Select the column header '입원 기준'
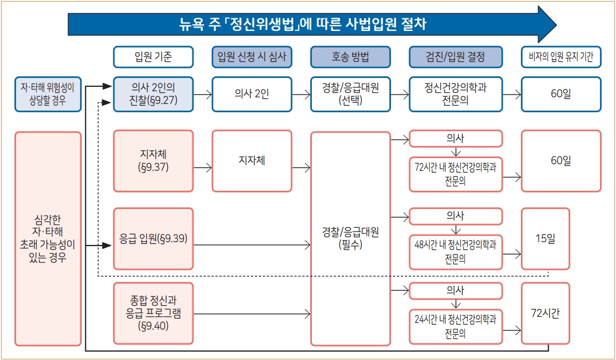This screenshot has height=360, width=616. [153, 57]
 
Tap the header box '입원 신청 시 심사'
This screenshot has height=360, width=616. [252, 57]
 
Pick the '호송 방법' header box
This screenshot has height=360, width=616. [351, 57]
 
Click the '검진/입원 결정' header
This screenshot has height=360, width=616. [456, 57]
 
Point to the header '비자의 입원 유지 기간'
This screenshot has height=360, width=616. [561, 57]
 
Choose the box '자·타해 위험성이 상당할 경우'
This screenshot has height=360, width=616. [47, 95]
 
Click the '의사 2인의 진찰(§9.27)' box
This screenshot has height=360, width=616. [153, 95]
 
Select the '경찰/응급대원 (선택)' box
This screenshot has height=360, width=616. [351, 95]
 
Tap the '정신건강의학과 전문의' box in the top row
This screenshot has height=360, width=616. [456, 95]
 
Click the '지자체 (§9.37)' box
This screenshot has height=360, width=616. [153, 161]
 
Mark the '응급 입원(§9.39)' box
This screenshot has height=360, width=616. [153, 239]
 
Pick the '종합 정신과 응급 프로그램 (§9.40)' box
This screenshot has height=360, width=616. [153, 314]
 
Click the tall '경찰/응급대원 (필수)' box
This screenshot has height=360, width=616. [351, 239]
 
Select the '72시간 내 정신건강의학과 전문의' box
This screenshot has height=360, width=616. [456, 175]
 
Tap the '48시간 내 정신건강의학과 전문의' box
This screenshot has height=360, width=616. [456, 252]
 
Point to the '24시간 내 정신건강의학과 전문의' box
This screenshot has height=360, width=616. [456, 327]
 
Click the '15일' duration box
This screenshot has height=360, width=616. [545, 239]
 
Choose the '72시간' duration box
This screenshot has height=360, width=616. [545, 314]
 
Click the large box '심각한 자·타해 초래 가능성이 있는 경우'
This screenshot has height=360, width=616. [48, 239]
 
